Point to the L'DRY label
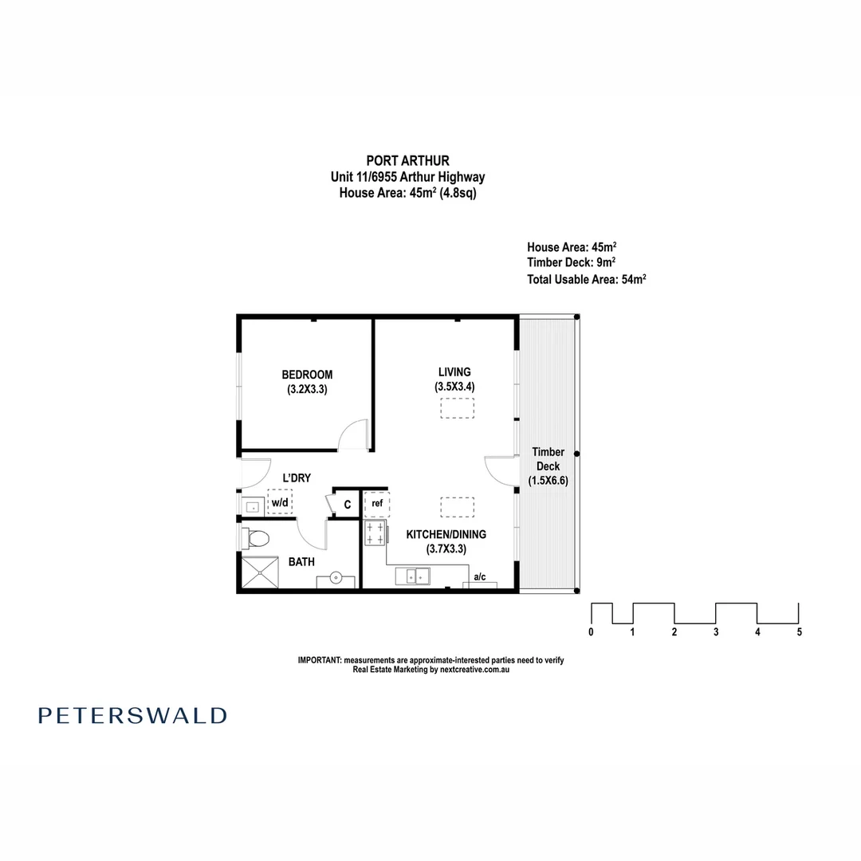[297, 478]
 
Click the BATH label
[301, 562]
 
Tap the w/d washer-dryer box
[280, 503]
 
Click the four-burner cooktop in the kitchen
[375, 533]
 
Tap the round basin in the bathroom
[336, 576]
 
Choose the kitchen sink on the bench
[415, 576]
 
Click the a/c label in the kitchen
[480, 576]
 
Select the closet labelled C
[347, 504]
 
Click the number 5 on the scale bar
[799, 632]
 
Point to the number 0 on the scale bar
[591, 632]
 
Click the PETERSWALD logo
[132, 715]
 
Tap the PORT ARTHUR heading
[407, 161]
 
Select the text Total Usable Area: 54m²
[586, 279]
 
